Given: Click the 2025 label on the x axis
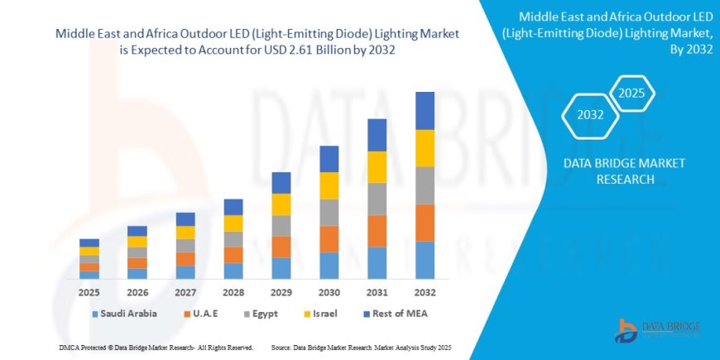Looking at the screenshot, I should point(89,293).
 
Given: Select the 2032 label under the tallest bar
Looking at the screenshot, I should point(425,293).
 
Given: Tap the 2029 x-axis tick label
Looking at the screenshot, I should point(281,293).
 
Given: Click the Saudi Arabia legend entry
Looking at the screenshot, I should point(124,314).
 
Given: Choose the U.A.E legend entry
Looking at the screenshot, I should point(203,314).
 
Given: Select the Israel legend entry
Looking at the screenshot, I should point(330,314).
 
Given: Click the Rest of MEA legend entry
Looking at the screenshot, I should point(399,314).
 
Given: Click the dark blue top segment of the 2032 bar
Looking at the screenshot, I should point(425,110).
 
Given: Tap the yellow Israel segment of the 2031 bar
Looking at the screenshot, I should point(377,166).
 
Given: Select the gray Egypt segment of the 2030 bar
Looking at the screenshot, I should point(329,212).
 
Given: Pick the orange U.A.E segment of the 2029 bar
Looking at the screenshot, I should point(281,247).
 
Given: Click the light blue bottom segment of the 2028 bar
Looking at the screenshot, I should point(233,271).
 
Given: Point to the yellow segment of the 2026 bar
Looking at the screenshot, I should point(137,242).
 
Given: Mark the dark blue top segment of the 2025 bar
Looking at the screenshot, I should point(89,242).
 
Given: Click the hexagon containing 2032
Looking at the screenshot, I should point(590,114).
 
